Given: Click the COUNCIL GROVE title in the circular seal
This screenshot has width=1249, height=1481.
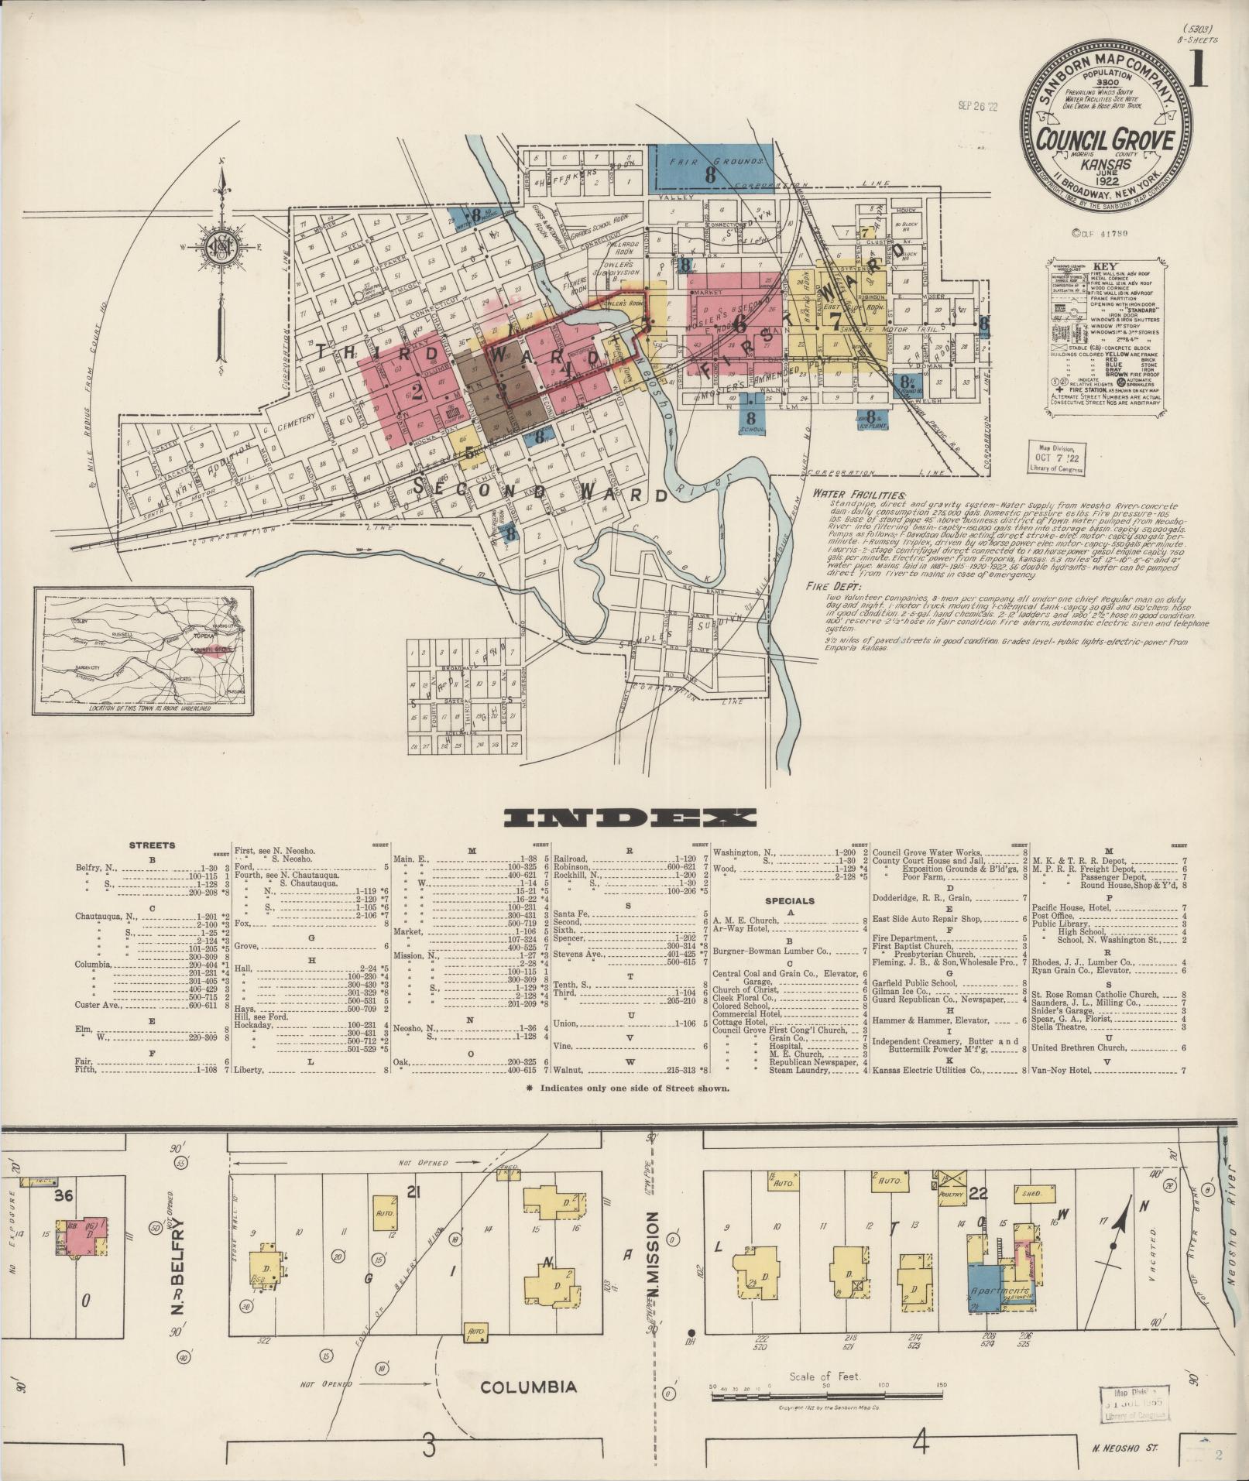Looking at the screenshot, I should point(1105,141).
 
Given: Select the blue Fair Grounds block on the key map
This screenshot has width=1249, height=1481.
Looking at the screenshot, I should point(710,167).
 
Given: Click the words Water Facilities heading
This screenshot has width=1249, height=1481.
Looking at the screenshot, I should point(858,493).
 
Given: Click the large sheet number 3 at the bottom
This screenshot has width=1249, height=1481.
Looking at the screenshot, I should point(431,1442).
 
